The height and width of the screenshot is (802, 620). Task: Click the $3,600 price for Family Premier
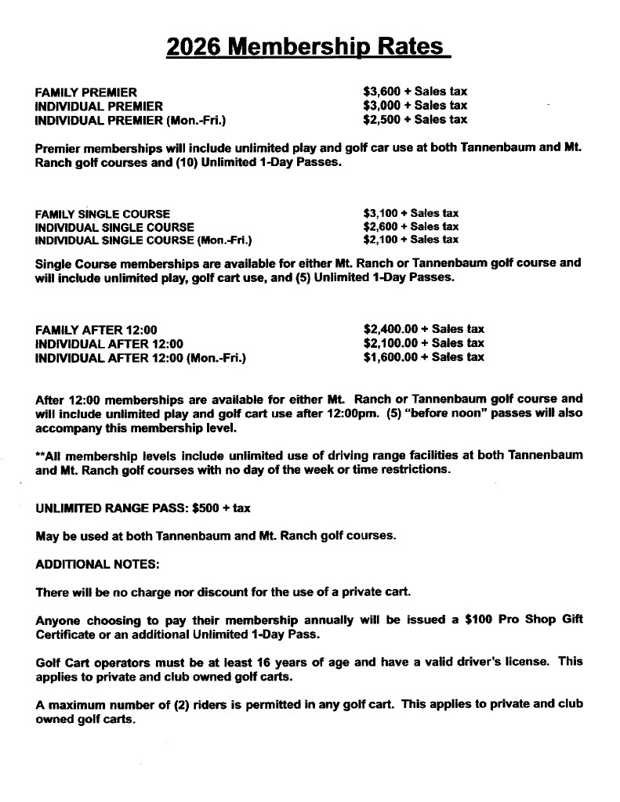383,92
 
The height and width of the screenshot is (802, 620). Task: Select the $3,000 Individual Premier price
383,106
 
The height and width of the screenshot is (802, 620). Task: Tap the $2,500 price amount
383,120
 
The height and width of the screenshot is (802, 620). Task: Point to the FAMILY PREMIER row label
86,92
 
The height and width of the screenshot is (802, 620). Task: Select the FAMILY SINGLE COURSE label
103,214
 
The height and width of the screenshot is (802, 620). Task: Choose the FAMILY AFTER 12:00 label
101,330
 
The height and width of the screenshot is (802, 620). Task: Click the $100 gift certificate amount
478,621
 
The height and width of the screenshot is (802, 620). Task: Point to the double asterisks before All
40,455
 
